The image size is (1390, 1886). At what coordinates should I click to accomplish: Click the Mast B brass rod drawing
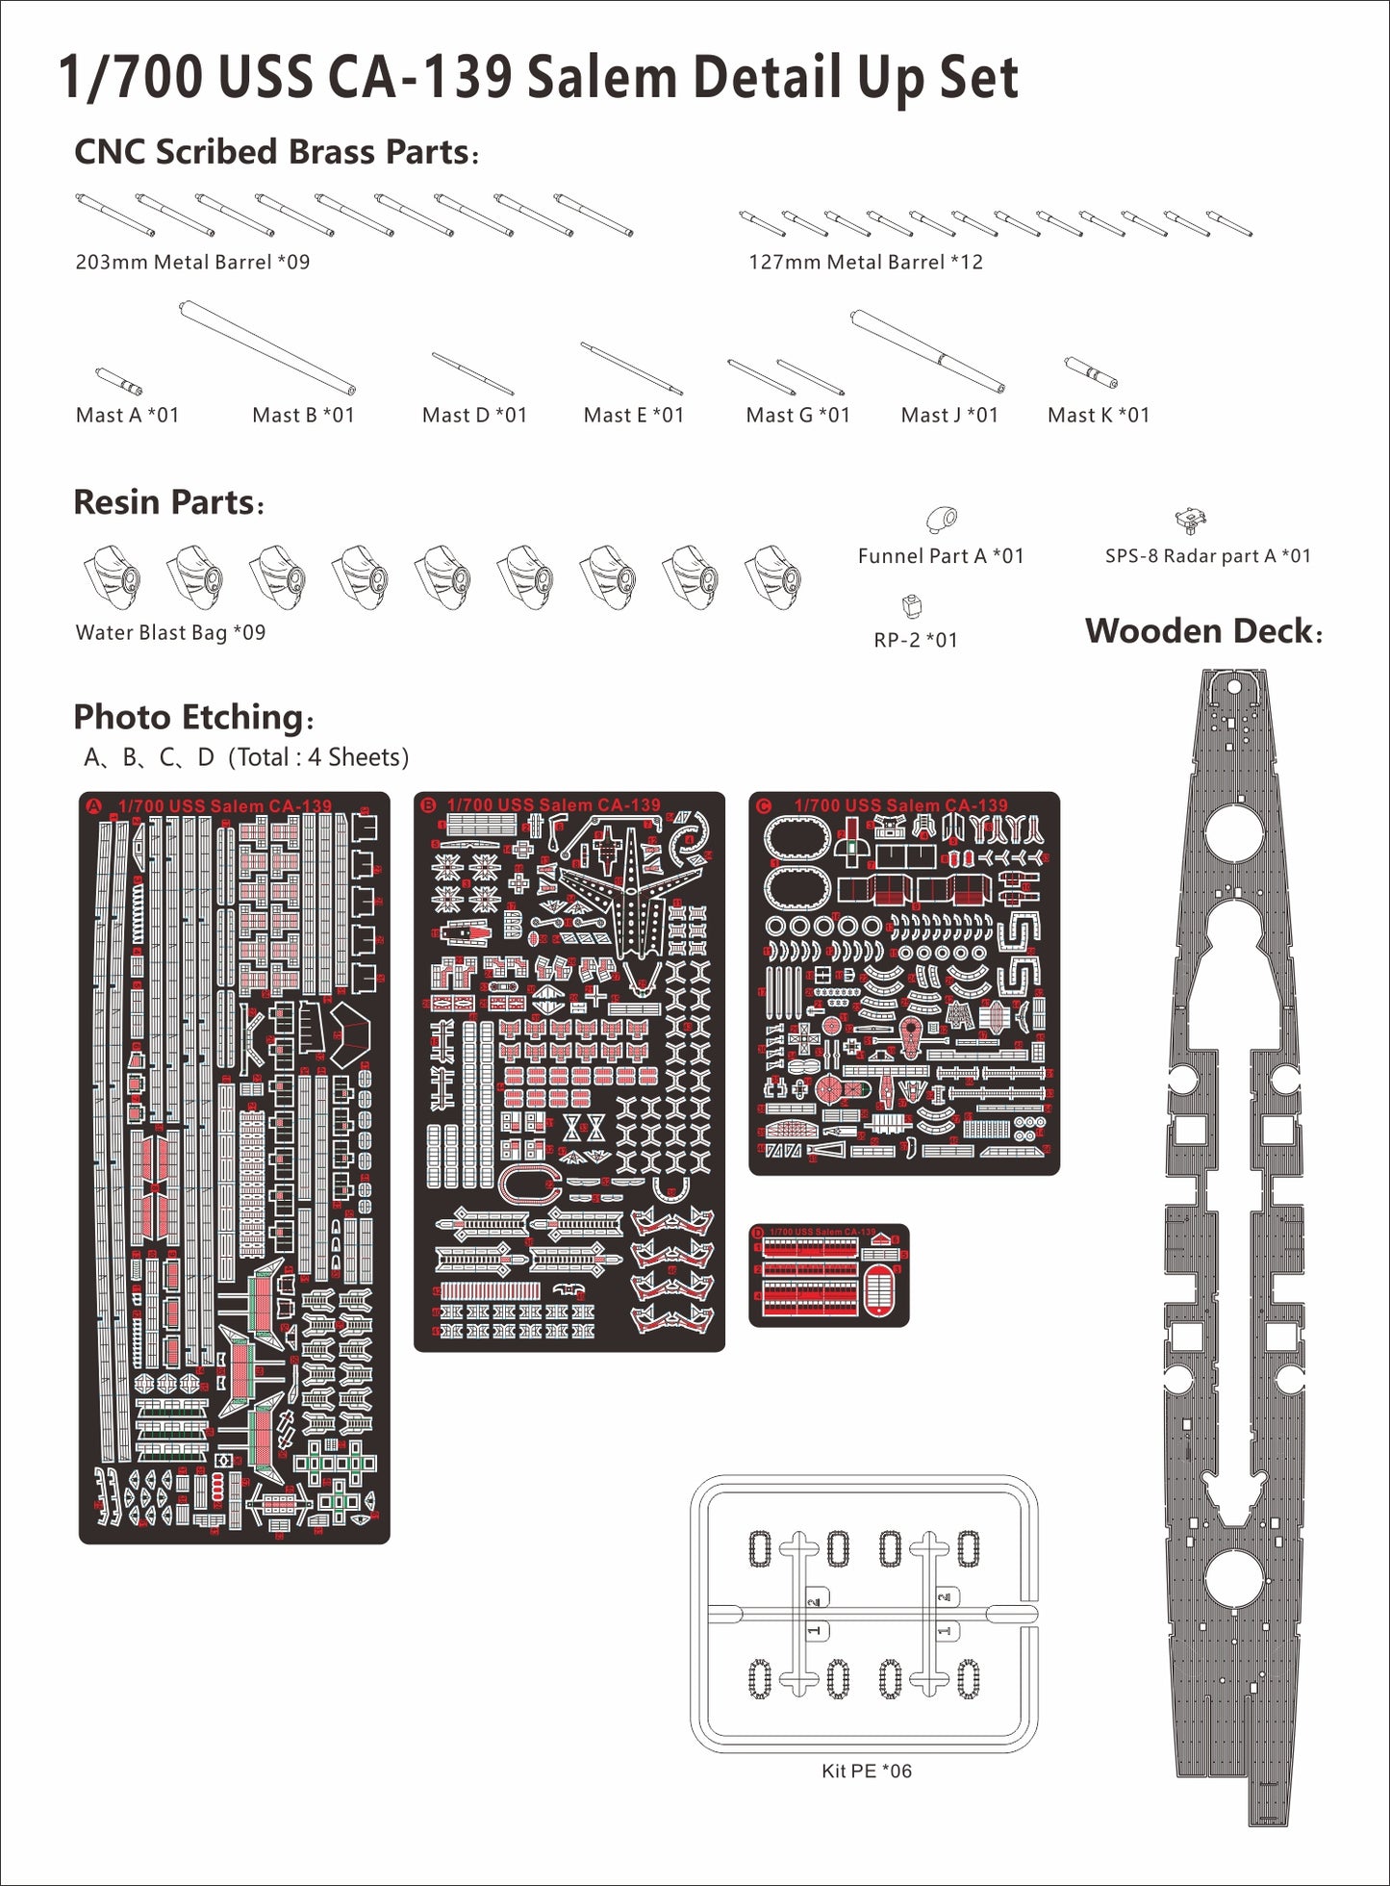coord(267,347)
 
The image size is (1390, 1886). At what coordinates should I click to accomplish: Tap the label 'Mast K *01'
coord(1098,416)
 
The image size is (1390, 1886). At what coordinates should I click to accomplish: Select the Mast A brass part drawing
coord(118,381)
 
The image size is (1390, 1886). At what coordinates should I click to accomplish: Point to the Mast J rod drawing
coord(927,350)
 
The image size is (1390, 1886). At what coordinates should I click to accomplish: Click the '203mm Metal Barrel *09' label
coord(192,262)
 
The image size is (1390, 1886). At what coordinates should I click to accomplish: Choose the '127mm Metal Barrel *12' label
coord(866,262)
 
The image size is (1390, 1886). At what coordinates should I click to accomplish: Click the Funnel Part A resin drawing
coord(942,520)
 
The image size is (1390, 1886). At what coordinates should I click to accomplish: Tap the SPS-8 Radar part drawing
coord(1191,521)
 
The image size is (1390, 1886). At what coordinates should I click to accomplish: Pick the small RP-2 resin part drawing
coord(912,606)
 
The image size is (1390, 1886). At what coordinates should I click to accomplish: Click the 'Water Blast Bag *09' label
coord(170,632)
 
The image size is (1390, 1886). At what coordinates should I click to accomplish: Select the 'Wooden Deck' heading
coord(1203,631)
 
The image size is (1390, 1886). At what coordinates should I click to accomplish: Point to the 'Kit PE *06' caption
coord(866,1771)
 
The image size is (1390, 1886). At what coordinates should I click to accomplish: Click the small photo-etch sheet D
coord(828,1275)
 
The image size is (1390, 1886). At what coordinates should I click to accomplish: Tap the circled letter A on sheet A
coord(94,805)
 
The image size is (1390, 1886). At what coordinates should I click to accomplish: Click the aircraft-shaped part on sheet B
coord(628,890)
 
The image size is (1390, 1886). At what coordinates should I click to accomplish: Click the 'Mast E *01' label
coord(633,416)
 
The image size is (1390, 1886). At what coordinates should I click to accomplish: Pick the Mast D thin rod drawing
coord(472,373)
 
